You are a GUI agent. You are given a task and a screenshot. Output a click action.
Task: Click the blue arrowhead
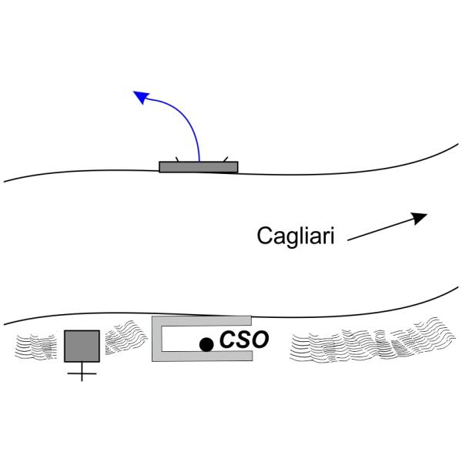coord(141,97)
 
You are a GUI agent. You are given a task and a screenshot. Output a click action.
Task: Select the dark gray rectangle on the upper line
coord(199,167)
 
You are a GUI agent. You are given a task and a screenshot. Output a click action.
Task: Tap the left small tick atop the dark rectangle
coord(177,159)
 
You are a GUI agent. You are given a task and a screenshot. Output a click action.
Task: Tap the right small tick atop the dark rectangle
coord(226,159)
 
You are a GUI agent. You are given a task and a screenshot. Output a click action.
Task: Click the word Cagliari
coord(296,236)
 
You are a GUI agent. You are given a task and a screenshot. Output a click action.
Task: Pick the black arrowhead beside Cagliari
coord(418,218)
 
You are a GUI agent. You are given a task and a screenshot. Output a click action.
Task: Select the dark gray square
coord(82,346)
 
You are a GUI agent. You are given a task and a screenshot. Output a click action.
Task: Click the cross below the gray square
coord(82,373)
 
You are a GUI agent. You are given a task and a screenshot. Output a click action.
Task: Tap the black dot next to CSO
coord(206,344)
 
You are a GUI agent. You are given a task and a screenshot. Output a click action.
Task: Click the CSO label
coord(244,340)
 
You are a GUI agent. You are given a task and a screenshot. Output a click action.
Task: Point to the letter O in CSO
coord(259,340)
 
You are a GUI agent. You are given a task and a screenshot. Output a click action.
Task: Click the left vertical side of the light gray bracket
coord(157,339)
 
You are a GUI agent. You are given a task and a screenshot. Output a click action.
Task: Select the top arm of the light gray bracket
coord(202,321)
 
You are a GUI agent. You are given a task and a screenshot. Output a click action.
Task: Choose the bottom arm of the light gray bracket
coord(202,356)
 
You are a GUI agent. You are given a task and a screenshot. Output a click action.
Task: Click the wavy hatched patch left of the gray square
coord(36,346)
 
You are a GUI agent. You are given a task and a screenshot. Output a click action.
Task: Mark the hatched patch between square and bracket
coord(125,337)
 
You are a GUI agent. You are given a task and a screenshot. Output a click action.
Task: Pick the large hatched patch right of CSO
coord(372,341)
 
